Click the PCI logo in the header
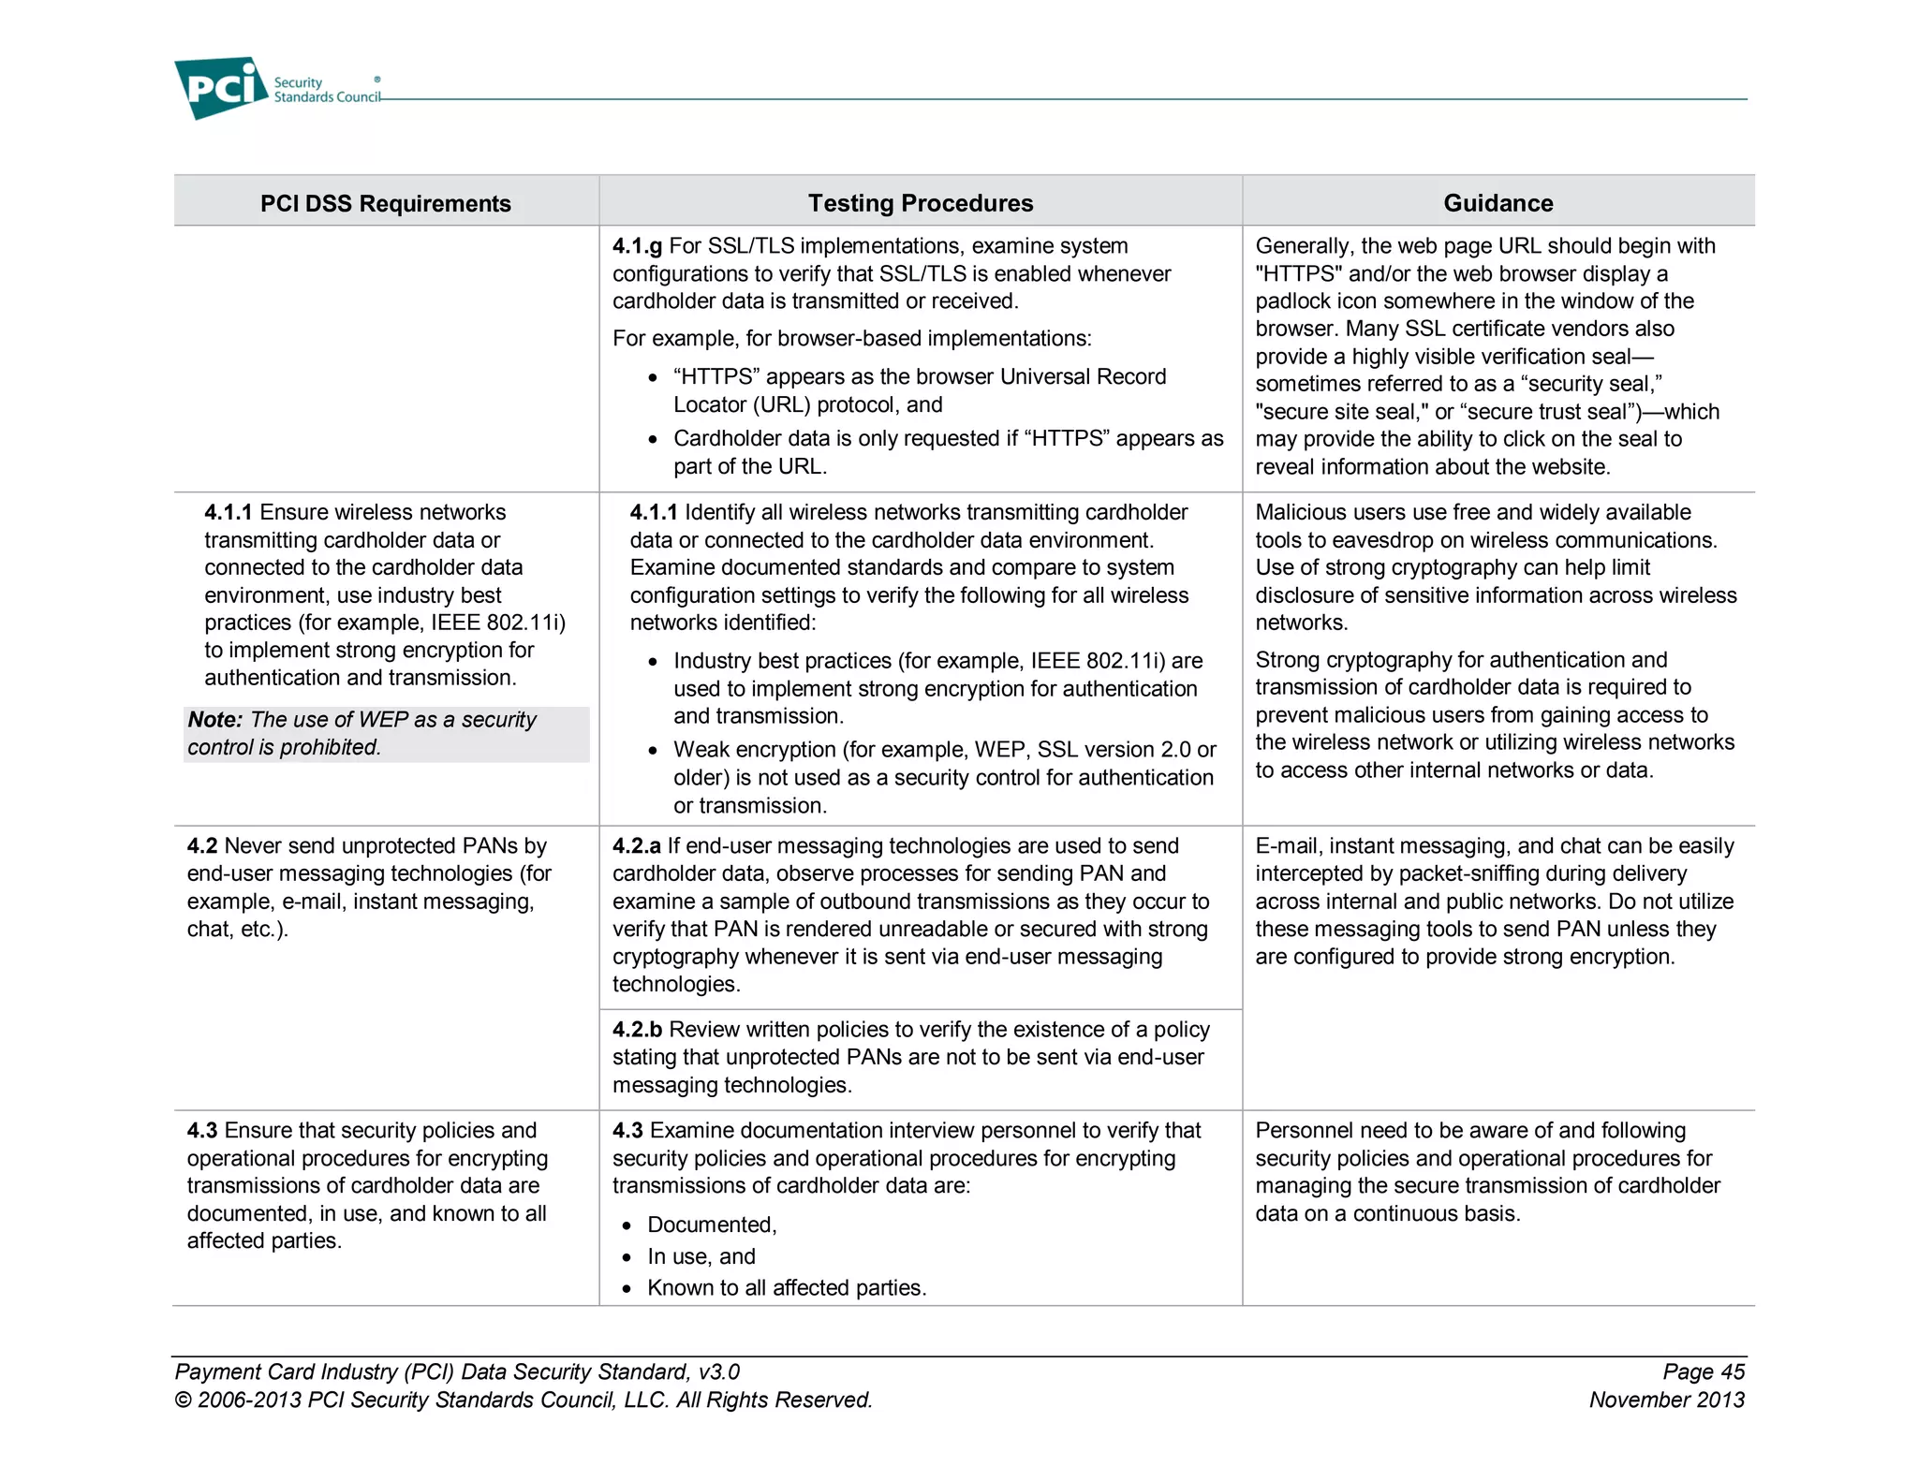221,88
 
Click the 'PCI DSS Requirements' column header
385,203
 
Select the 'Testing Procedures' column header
920,203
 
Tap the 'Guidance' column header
1498,203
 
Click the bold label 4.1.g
637,246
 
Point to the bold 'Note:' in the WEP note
214,720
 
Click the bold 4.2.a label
637,846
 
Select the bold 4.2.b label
637,1030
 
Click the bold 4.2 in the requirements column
201,846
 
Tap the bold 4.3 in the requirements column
201,1131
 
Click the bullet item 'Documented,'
712,1225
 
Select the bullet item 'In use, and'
701,1257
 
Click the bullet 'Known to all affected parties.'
787,1288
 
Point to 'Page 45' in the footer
1703,1372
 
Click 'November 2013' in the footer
1666,1400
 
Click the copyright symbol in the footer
184,1400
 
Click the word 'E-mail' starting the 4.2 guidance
1287,846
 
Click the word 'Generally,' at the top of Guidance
1304,246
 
